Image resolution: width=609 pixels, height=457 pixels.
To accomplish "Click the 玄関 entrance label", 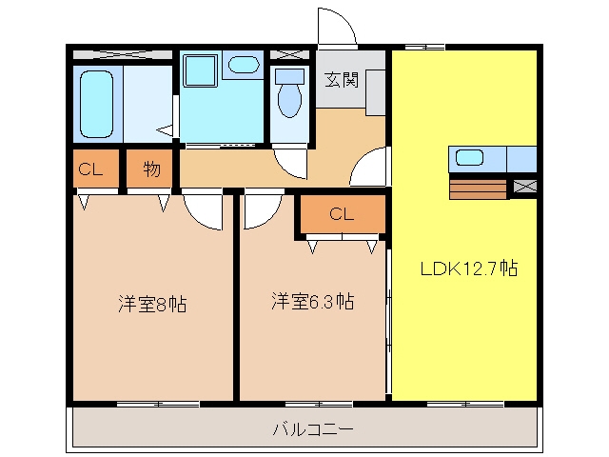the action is coord(342,80).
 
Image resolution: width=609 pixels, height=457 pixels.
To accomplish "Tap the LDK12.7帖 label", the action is coord(469,268).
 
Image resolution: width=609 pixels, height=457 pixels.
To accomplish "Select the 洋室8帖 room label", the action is coord(152,304).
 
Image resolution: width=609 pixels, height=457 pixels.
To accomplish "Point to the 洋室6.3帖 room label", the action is coord(313,301).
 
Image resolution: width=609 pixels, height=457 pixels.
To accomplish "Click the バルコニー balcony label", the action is coord(313,429).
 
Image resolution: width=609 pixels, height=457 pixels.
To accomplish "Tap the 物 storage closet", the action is coord(150,169).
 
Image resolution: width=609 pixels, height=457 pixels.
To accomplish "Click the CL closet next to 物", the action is coord(96,169).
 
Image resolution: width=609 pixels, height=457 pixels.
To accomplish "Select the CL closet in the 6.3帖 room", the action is coord(343,214).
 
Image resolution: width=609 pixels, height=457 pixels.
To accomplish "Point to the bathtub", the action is coord(97,104).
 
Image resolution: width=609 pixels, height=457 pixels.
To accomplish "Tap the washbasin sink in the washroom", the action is coord(244,65).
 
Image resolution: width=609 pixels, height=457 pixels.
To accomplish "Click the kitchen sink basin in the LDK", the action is coord(469,157).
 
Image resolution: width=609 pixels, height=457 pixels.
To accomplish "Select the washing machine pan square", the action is coord(200,70).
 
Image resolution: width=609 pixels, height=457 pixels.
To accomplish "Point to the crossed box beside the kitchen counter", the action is coord(524,187).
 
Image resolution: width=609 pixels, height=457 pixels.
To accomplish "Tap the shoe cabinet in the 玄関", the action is coord(375,92).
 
